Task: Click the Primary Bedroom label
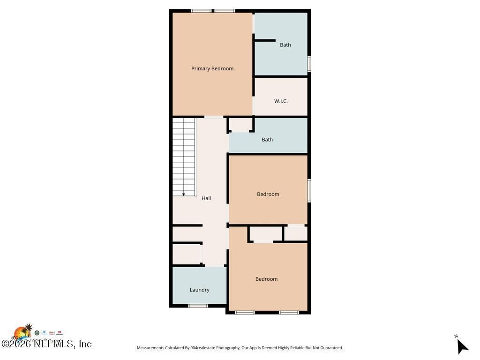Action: pos(212,68)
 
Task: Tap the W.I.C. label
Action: pos(281,101)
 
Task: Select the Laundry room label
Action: pos(199,290)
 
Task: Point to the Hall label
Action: pos(206,198)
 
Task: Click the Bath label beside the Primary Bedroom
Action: pos(285,45)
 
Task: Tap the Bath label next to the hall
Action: pos(267,140)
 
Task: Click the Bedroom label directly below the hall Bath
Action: pos(268,194)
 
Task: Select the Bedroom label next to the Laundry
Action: pos(266,279)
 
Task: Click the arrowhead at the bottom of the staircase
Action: pos(184,194)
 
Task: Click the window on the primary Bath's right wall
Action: pos(309,64)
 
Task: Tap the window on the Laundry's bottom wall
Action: pos(198,306)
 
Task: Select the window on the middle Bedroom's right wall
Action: pos(309,190)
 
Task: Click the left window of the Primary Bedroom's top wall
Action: pos(201,11)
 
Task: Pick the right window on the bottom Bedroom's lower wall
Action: pos(289,312)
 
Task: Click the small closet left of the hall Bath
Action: pos(240,124)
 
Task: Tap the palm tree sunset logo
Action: pos(22,332)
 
